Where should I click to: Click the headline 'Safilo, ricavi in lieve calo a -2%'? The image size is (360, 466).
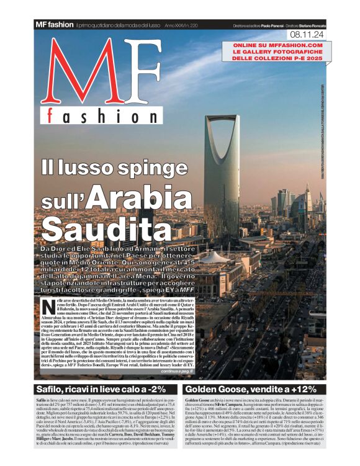92,390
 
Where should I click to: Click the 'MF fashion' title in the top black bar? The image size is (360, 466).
54,24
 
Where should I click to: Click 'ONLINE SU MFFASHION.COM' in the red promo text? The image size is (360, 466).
277,45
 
